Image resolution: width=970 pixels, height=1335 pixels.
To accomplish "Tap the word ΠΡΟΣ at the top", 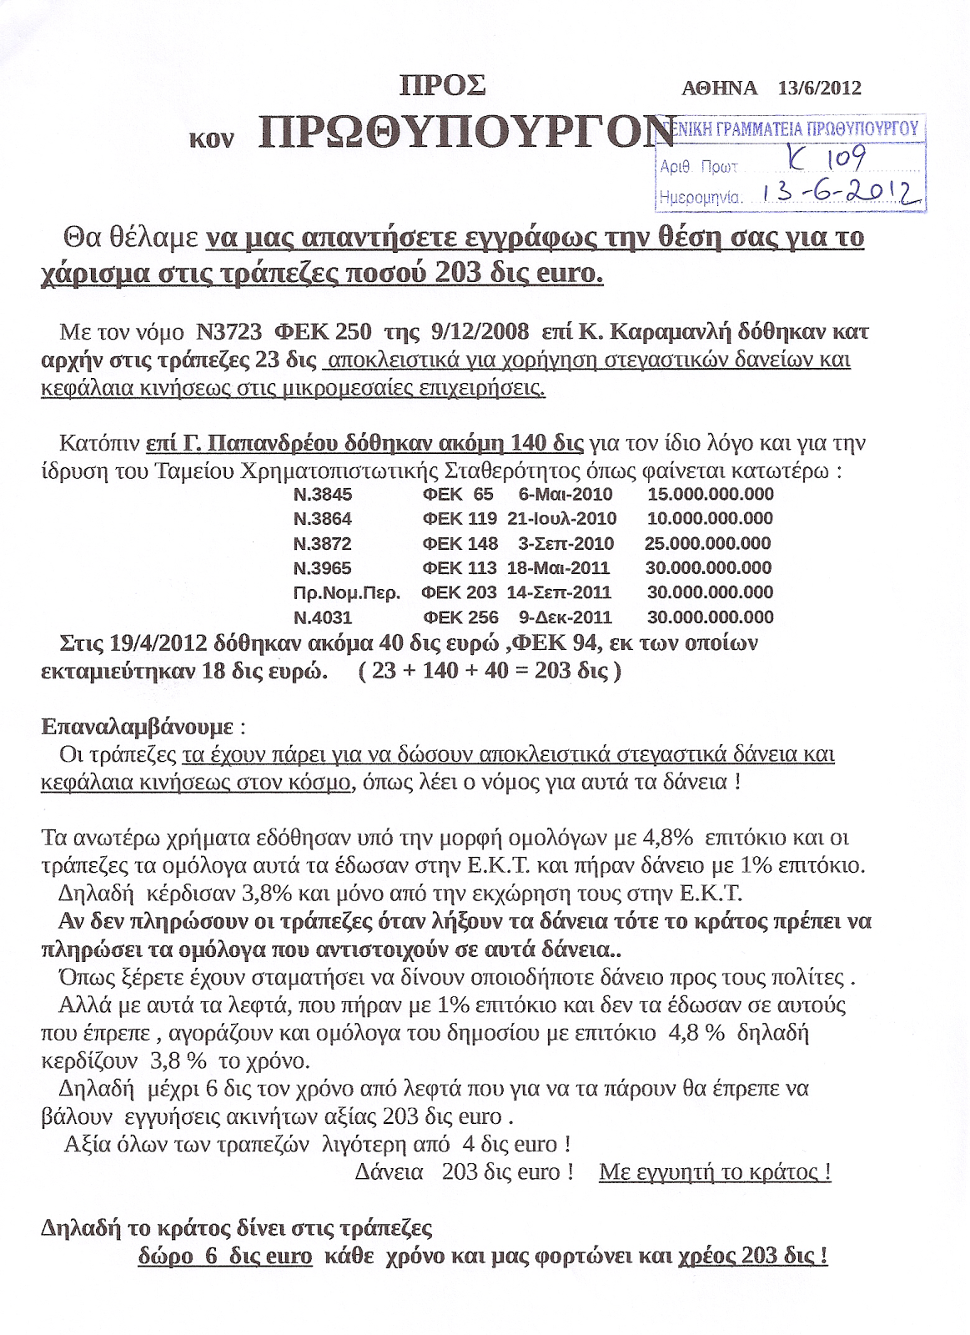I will [443, 86].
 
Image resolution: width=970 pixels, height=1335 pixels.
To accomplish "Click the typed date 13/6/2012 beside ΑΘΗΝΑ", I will [819, 88].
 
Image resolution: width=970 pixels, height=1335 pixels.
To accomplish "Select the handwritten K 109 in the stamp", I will [827, 158].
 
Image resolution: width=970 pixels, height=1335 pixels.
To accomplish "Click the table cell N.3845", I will [323, 495].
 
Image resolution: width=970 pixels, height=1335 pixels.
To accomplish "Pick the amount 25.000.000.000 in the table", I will [707, 544].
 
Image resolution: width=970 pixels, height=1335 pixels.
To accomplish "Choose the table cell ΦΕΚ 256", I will [460, 618].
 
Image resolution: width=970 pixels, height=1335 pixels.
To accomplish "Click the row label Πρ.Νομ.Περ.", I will [347, 593].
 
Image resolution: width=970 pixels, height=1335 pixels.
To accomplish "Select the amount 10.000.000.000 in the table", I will [710, 519].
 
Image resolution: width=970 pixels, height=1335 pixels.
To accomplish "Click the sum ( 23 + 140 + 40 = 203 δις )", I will [490, 672].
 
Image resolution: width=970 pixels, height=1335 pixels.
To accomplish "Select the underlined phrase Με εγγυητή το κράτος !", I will [715, 1172].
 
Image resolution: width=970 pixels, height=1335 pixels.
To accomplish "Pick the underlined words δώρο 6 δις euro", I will [225, 1257].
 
